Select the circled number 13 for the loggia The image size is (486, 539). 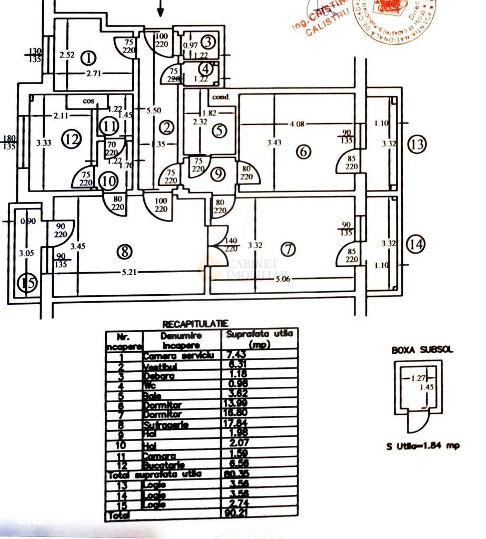[x=416, y=144]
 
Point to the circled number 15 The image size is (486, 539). [x=27, y=283]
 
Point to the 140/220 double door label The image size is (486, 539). [x=231, y=245]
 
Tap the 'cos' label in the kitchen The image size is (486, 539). [x=88, y=101]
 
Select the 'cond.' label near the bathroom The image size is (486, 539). [x=221, y=97]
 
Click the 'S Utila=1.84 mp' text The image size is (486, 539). [x=422, y=445]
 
